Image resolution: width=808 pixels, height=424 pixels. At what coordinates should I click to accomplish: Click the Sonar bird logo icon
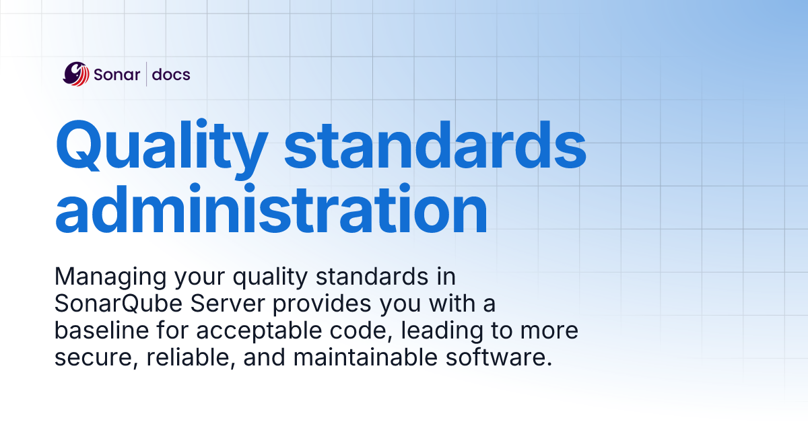pyautogui.click(x=76, y=74)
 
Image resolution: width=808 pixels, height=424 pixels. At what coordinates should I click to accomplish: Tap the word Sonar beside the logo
pyautogui.click(x=116, y=74)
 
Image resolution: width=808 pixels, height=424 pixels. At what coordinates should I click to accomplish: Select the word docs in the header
pyautogui.click(x=171, y=74)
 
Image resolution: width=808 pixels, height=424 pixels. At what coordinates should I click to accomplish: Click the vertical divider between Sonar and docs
pyautogui.click(x=146, y=74)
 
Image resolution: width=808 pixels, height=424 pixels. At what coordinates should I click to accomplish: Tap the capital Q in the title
pyautogui.click(x=82, y=145)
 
